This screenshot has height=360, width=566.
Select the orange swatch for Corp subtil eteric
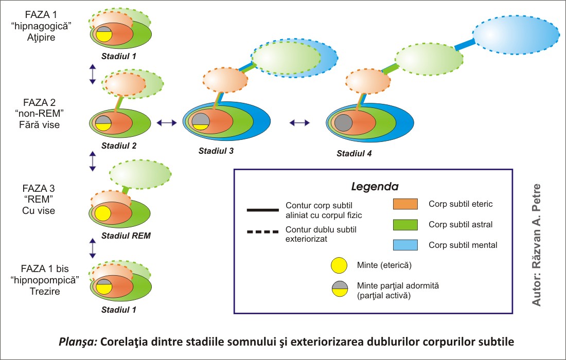pyautogui.click(x=405, y=204)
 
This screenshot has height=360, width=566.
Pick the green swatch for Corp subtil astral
pyautogui.click(x=405, y=224)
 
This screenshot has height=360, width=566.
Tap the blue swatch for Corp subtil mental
pyautogui.click(x=405, y=245)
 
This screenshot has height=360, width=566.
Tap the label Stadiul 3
pyautogui.click(x=216, y=151)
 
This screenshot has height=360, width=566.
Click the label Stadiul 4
pyautogui.click(x=354, y=153)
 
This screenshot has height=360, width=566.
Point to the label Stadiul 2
pyautogui.click(x=119, y=146)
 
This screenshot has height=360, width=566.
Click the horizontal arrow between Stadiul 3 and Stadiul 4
pyautogui.click(x=299, y=122)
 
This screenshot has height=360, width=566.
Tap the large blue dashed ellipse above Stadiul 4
pyautogui.click(x=516, y=35)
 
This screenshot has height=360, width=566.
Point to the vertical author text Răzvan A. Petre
pyautogui.click(x=537, y=244)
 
